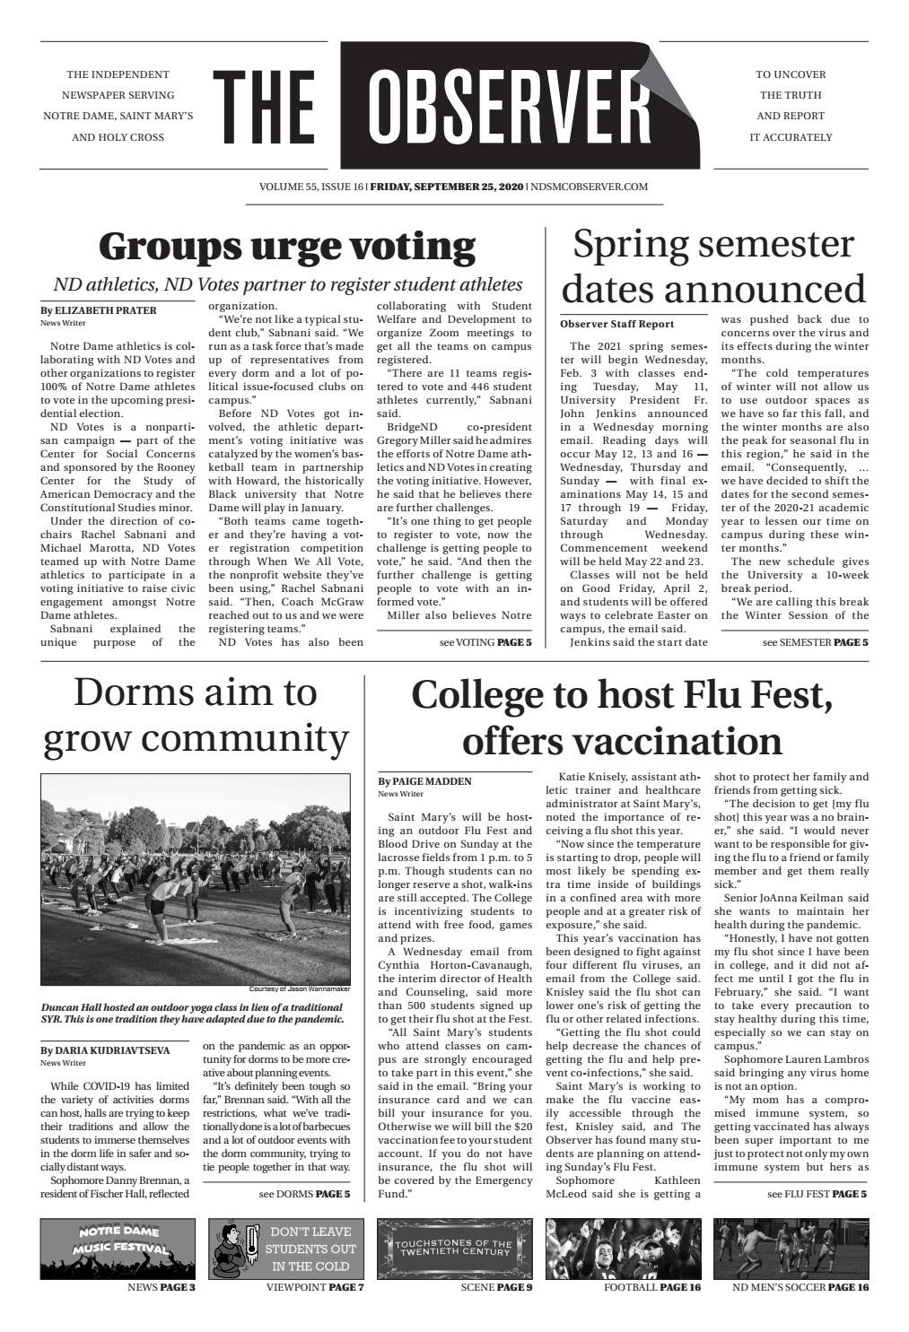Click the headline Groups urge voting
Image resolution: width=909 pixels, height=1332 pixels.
point(286,245)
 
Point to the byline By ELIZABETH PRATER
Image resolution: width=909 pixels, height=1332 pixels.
point(98,310)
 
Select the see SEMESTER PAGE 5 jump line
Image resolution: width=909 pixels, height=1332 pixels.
point(815,642)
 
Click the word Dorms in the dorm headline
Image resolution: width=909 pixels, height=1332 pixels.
point(129,692)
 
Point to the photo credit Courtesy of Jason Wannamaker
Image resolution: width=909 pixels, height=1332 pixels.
point(299,989)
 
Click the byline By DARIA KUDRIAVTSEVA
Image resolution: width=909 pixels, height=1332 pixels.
point(104,1049)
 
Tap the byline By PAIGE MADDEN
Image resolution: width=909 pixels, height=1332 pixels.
point(424,781)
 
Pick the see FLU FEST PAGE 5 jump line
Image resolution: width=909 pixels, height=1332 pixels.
point(817,1194)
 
